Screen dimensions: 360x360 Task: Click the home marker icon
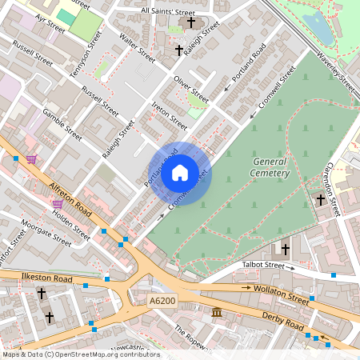[x=180, y=173]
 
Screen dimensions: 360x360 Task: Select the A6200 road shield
[x=162, y=301]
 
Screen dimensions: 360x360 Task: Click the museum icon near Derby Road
[x=216, y=313]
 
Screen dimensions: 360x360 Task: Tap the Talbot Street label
[x=263, y=265]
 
